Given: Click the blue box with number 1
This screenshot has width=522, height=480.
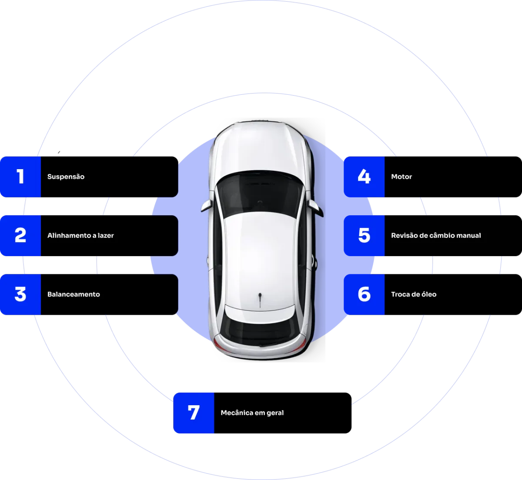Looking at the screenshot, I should tap(20, 177).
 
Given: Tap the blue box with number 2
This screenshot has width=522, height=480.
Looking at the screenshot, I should tap(20, 236).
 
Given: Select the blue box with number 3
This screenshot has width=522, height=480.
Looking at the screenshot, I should tap(20, 294).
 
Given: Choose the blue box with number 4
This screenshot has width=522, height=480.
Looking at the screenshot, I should tap(364, 177).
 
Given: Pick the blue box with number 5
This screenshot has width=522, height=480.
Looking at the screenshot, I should tap(364, 236).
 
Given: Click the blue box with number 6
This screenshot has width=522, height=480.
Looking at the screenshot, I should tap(364, 294).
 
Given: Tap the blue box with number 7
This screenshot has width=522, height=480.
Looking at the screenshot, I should tap(194, 413).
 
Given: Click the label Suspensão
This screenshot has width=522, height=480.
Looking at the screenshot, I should tap(66, 177).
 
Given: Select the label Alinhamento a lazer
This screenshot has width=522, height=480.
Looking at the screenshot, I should tap(80, 236).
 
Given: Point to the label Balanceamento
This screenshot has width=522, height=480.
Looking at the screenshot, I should tap(74, 294).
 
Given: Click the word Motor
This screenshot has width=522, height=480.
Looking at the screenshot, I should tap(401, 177).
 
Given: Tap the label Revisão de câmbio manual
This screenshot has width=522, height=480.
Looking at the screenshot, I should tap(436, 236).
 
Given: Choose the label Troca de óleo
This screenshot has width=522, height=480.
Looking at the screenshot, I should tap(414, 294).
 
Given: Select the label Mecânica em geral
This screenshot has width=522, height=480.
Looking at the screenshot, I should tap(252, 413).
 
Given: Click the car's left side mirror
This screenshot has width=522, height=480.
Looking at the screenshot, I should tap(206, 206).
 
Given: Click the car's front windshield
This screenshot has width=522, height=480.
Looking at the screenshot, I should tap(260, 193).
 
